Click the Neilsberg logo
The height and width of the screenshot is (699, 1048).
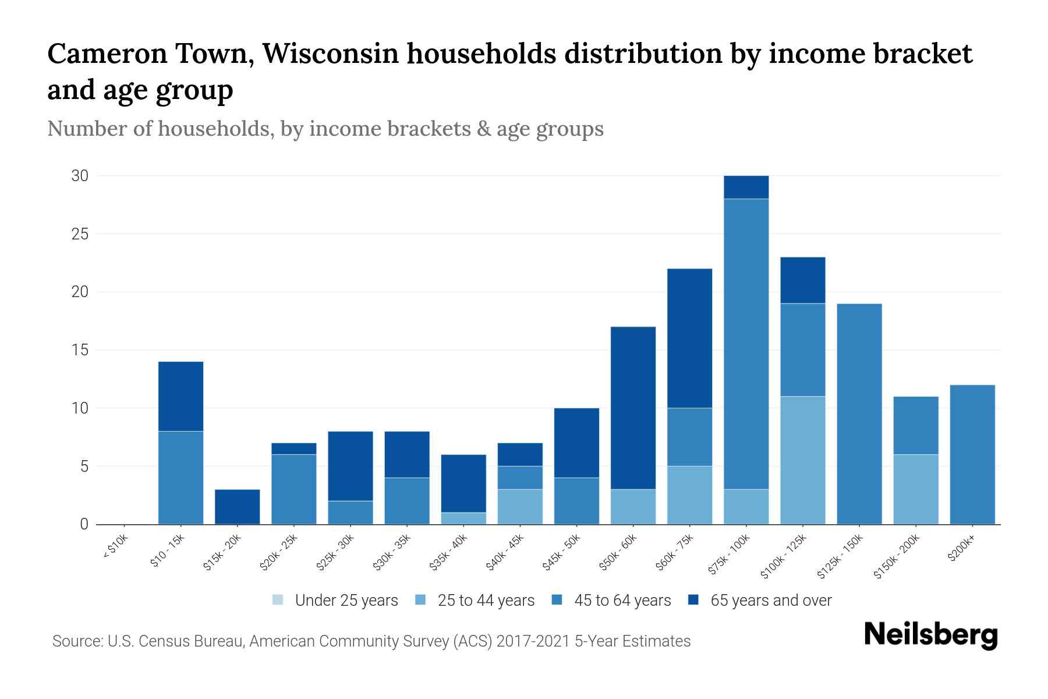click(930, 635)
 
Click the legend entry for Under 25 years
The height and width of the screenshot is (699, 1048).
click(346, 601)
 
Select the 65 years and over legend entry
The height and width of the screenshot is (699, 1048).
click(770, 601)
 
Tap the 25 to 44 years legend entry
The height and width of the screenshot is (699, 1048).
click(486, 601)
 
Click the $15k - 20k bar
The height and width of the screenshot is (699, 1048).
click(237, 507)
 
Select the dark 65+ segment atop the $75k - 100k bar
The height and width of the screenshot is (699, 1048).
click(746, 187)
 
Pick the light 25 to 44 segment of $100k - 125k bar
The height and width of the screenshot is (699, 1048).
click(802, 460)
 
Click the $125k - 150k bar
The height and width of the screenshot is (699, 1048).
click(859, 414)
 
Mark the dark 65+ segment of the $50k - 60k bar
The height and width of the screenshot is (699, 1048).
click(633, 408)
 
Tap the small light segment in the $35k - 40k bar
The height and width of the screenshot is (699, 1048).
click(463, 518)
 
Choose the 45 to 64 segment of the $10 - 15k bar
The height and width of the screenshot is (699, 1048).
click(180, 478)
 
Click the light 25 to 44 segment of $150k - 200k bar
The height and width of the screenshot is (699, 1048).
click(915, 489)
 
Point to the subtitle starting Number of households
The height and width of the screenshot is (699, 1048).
click(325, 129)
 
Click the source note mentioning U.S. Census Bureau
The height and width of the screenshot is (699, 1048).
click(371, 641)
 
